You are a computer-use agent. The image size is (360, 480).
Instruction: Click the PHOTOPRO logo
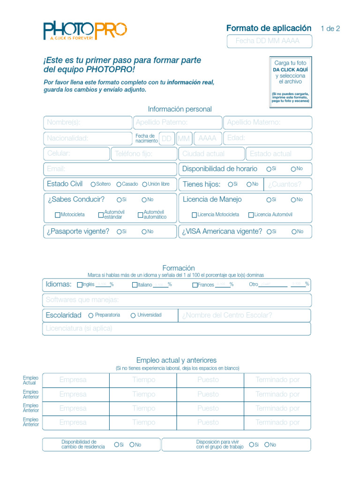pyautogui.click(x=85, y=30)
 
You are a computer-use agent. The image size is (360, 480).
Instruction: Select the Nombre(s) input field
pyautogui.click(x=87, y=123)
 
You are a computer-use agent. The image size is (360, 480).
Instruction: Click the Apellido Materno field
pyautogui.click(x=267, y=123)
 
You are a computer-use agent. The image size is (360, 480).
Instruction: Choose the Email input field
pyautogui.click(x=110, y=169)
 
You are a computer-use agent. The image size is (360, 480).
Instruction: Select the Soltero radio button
pyautogui.click(x=93, y=185)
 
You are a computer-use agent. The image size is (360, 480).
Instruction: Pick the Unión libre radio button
pyautogui.click(x=145, y=185)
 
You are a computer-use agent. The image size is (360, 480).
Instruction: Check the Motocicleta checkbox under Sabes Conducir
pyautogui.click(x=58, y=215)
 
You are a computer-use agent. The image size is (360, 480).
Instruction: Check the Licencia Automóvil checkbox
pyautogui.click(x=251, y=215)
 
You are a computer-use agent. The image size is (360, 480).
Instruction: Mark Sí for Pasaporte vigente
pyautogui.click(x=120, y=232)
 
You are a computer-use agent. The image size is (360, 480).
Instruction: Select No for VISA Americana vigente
pyautogui.click(x=294, y=232)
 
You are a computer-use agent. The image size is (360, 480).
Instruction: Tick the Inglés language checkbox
pyautogui.click(x=80, y=285)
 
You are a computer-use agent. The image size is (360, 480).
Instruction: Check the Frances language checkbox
pyautogui.click(x=195, y=285)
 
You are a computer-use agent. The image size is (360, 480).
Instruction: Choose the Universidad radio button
pyautogui.click(x=133, y=315)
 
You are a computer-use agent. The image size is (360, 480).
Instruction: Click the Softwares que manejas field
pyautogui.click(x=176, y=300)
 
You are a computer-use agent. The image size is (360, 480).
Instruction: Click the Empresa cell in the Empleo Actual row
pyautogui.click(x=76, y=380)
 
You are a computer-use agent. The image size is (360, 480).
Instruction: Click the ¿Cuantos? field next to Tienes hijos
pyautogui.click(x=287, y=185)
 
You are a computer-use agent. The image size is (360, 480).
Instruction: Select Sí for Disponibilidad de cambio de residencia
pyautogui.click(x=116, y=445)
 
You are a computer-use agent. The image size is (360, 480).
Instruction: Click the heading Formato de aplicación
pyautogui.click(x=269, y=28)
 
